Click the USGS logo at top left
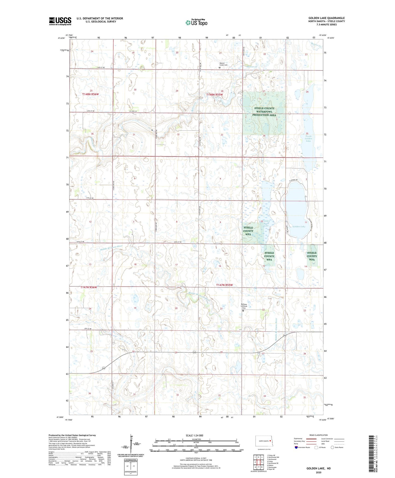click(x=60, y=21)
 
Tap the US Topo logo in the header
click(x=196, y=22)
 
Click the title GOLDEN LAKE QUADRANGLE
click(x=326, y=18)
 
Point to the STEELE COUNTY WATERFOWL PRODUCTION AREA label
click(x=264, y=112)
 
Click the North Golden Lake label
click(x=308, y=139)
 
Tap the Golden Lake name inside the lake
click(x=299, y=227)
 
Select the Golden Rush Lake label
click(x=266, y=223)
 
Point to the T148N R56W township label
click(x=90, y=94)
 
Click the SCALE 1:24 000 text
click(x=194, y=436)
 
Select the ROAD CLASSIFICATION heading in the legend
click(x=318, y=435)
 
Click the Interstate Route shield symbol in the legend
click(x=296, y=447)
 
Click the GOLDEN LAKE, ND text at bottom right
click(x=318, y=468)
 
